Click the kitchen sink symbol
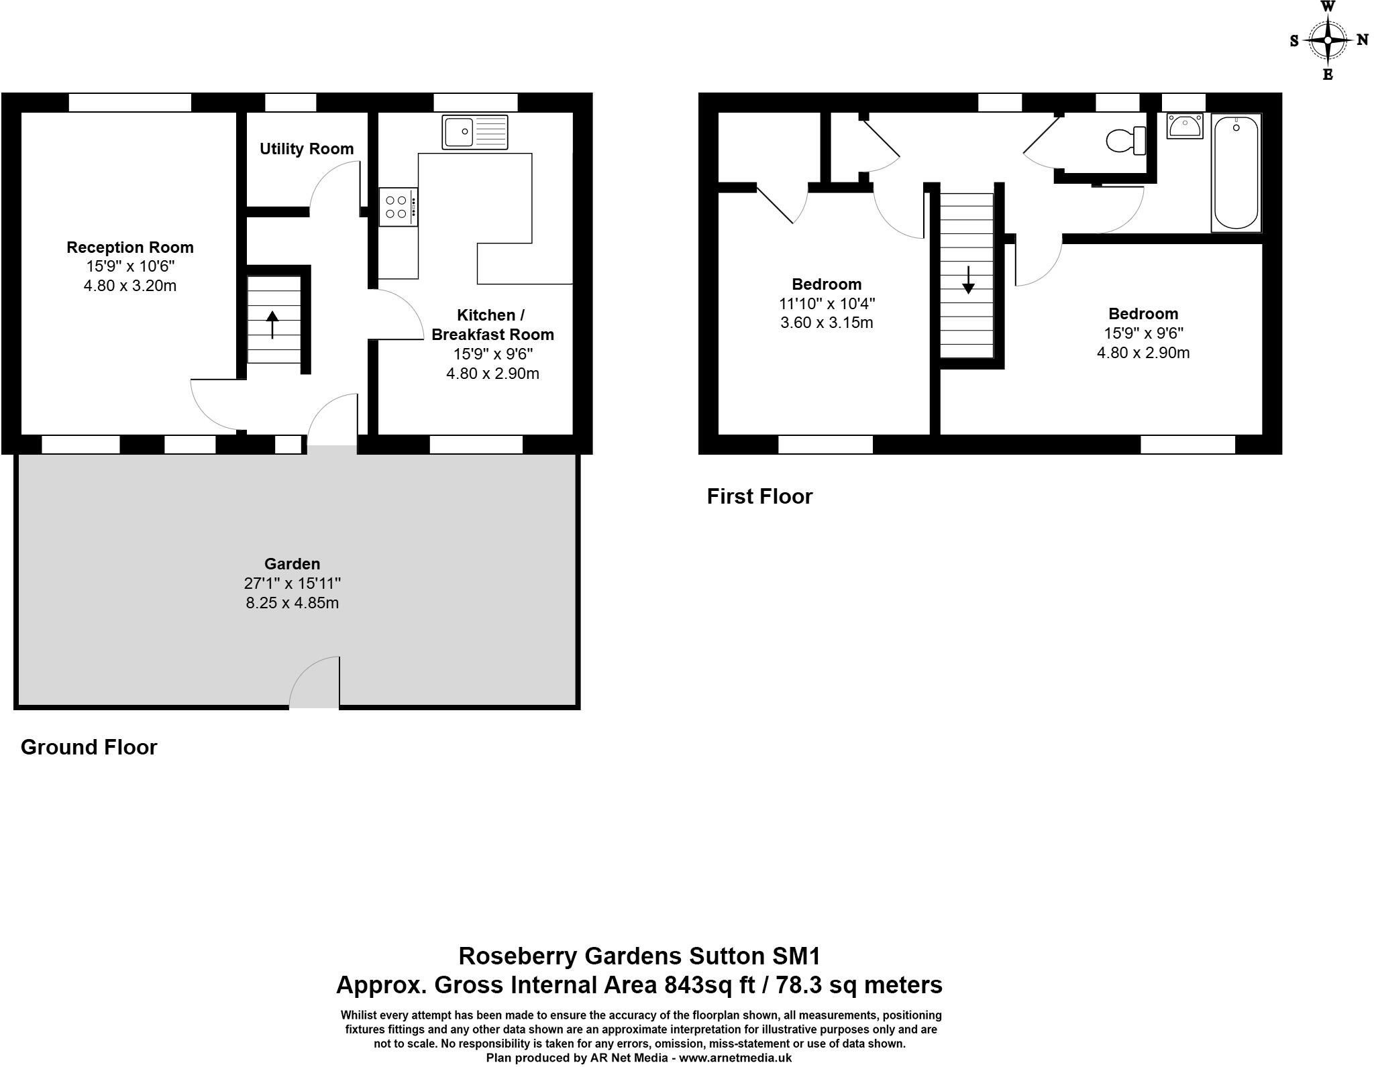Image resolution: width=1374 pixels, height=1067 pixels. [475, 131]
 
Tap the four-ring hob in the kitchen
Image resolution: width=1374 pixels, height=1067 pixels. [397, 207]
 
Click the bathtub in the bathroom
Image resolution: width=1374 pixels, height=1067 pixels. [1236, 173]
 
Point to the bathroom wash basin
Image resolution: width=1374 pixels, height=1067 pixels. [1185, 126]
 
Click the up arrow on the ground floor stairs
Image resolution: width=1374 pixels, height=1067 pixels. [272, 325]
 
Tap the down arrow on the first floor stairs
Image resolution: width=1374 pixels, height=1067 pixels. [968, 280]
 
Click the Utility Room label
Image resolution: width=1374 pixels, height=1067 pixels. [307, 149]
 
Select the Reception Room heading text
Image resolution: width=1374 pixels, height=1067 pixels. [130, 247]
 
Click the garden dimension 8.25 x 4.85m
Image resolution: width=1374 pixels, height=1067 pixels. [292, 603]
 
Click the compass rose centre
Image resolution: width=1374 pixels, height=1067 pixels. [1328, 40]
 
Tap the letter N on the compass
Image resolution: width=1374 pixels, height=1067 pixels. [1362, 40]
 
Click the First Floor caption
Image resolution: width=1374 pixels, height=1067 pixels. [759, 497]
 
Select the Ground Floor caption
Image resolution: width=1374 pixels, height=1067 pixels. [89, 748]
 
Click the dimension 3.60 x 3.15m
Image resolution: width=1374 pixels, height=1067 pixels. [827, 323]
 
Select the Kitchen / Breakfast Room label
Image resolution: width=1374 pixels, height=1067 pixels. [492, 325]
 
